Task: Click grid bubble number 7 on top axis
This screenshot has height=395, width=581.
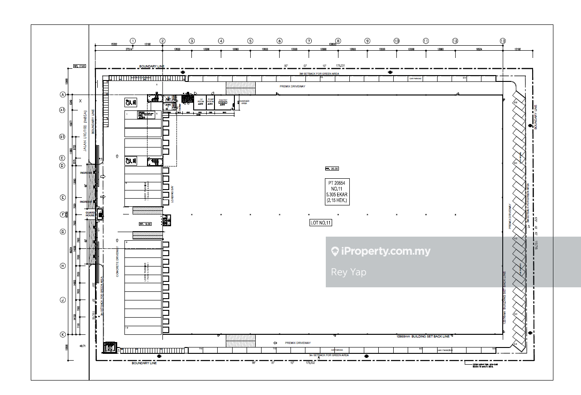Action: click(x=309, y=41)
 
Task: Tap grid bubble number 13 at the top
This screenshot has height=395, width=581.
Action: click(x=503, y=41)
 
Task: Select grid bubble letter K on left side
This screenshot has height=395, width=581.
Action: click(x=63, y=334)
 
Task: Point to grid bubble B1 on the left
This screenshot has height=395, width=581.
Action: click(x=63, y=137)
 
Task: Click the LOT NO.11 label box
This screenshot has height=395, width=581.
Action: click(x=321, y=223)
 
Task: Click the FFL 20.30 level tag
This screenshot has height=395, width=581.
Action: click(x=332, y=169)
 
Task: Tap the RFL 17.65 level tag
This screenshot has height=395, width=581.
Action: click(x=79, y=66)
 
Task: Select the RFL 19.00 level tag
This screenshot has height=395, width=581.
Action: click(x=145, y=224)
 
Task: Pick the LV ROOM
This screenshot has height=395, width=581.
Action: click(x=200, y=100)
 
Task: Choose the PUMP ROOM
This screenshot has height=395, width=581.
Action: click(x=211, y=100)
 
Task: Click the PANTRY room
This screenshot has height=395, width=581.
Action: click(x=223, y=100)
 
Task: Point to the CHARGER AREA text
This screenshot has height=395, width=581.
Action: click(x=244, y=102)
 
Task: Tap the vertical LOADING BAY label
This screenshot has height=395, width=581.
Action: click(x=173, y=194)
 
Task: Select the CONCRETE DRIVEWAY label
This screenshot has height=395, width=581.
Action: click(x=118, y=262)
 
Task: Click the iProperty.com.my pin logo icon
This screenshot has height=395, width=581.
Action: click(x=335, y=252)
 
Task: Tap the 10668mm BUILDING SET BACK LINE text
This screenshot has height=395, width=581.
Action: click(x=423, y=336)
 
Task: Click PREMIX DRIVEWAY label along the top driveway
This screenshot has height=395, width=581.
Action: click(x=292, y=86)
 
